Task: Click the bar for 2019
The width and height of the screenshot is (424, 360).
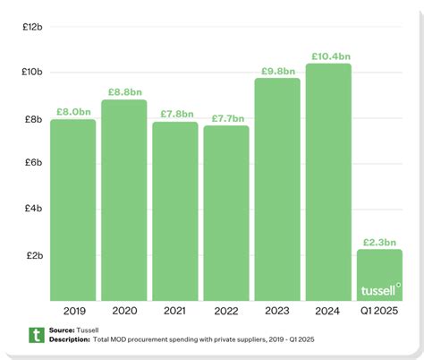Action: point(73,210)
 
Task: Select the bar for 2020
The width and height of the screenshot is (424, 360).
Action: point(123,201)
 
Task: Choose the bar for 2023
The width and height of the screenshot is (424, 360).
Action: point(276,190)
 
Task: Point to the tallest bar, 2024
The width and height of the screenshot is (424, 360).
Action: point(327,183)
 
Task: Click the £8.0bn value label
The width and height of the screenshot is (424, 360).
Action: point(73,112)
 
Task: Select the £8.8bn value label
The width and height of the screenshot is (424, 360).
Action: point(124,91)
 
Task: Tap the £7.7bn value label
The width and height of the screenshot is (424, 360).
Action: point(225,118)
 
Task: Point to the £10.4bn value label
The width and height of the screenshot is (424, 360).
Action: point(328,56)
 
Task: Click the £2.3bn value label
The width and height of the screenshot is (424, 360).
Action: point(379,242)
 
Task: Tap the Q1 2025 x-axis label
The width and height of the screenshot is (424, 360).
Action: point(379,311)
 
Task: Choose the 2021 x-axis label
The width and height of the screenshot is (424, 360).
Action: point(174,311)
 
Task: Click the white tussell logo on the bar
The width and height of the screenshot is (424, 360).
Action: point(379,290)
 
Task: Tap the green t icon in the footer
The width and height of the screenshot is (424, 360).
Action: point(37,335)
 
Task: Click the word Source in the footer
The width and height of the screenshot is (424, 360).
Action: point(63,330)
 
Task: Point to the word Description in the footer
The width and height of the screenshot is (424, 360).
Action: point(69,339)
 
